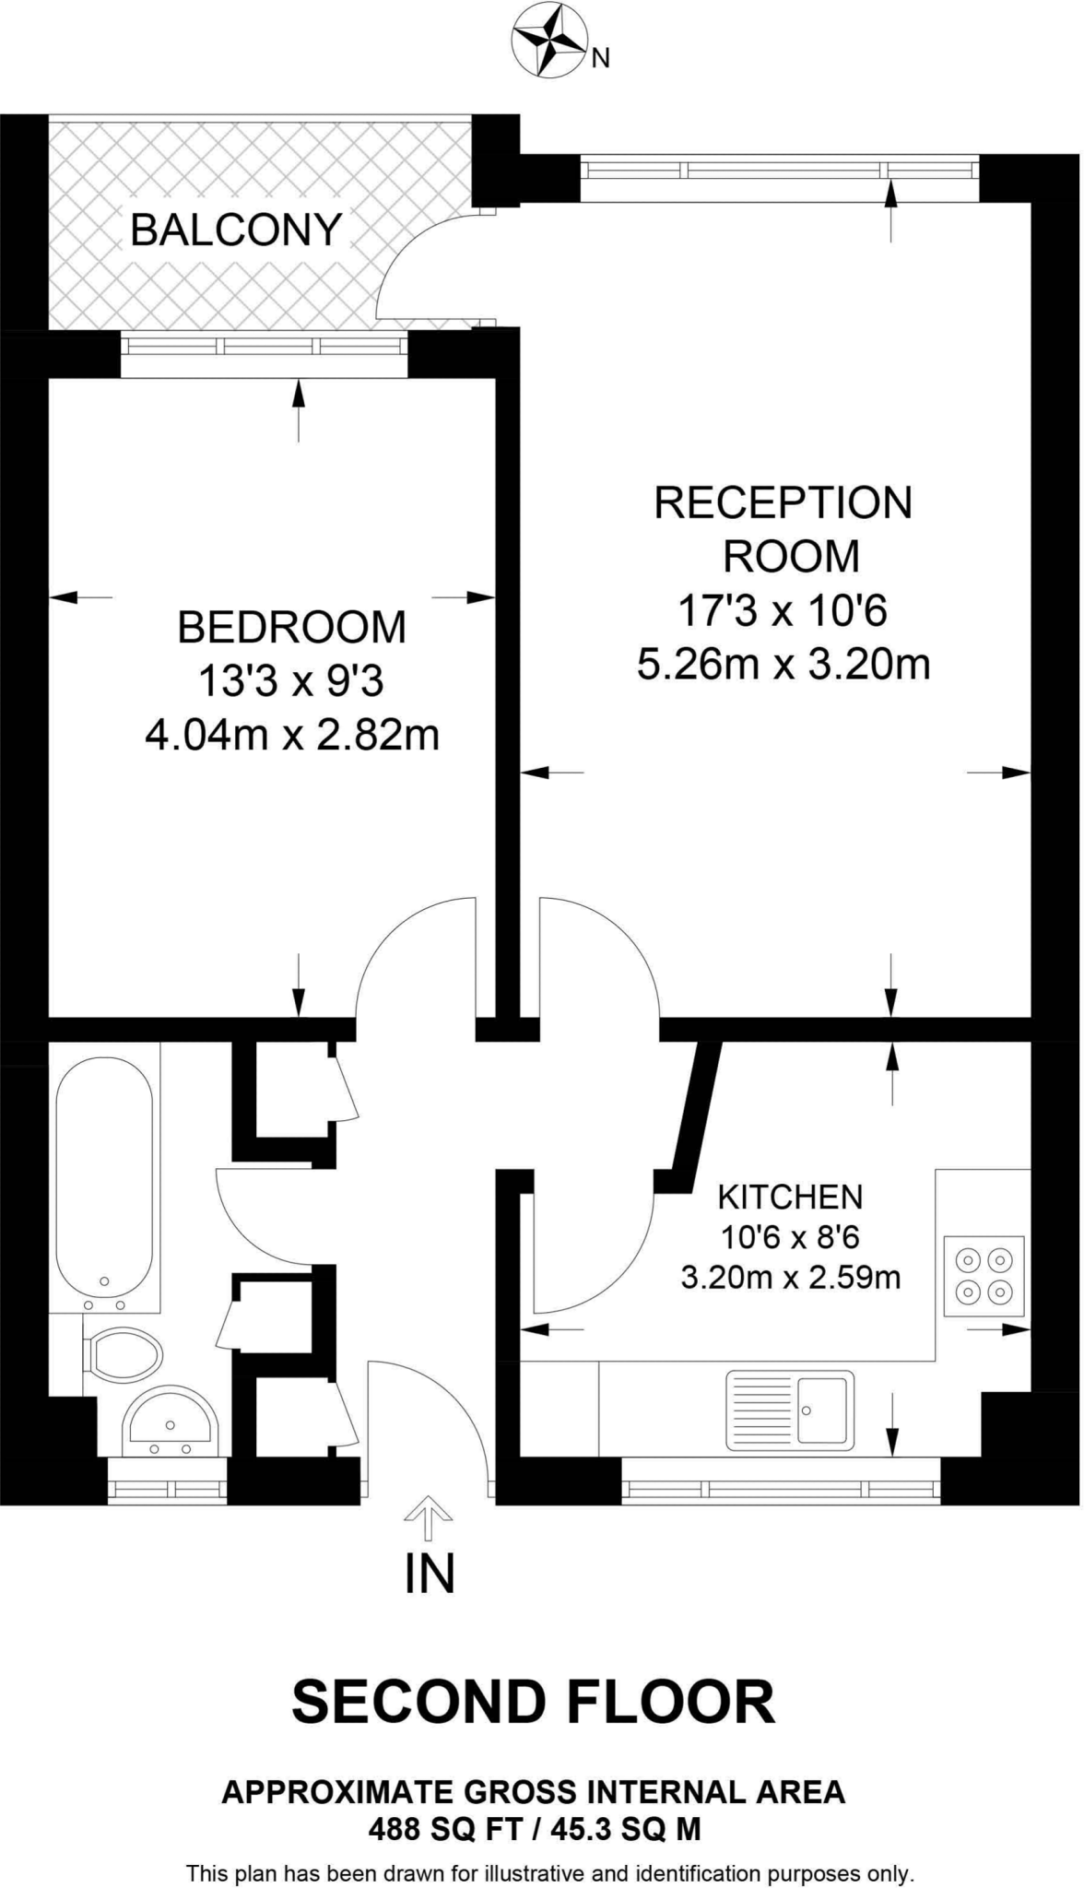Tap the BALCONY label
point(236,230)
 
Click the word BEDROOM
point(291,628)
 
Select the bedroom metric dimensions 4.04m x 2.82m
point(291,736)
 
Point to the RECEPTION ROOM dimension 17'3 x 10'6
point(783,610)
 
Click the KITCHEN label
point(790,1198)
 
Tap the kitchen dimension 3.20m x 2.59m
point(790,1278)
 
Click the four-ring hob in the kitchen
point(984,1276)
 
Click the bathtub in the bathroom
point(104,1177)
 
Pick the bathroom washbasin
point(171,1419)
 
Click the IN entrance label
point(430,1574)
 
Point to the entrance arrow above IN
point(430,1517)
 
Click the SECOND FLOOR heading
point(534,1702)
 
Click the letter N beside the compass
point(601,59)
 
